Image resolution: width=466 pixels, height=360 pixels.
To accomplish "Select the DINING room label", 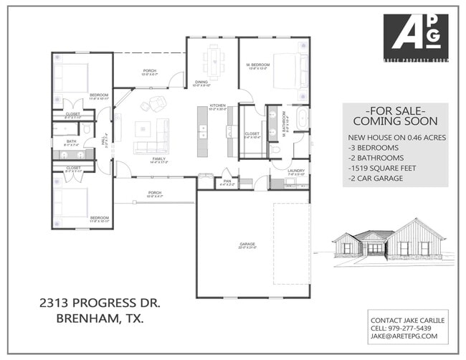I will pyautogui.click(x=201, y=82).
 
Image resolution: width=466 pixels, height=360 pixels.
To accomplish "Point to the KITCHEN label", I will pyautogui.click(x=217, y=107).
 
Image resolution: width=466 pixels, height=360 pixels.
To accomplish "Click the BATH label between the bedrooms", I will pyautogui.click(x=71, y=142).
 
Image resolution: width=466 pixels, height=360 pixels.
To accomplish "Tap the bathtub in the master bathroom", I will pyautogui.click(x=301, y=118).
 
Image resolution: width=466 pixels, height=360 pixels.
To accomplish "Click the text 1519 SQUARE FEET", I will pyautogui.click(x=382, y=168).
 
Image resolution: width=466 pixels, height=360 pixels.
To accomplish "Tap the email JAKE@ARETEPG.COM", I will pyautogui.click(x=404, y=336).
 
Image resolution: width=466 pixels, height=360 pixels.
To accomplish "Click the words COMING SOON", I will pyautogui.click(x=396, y=121).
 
